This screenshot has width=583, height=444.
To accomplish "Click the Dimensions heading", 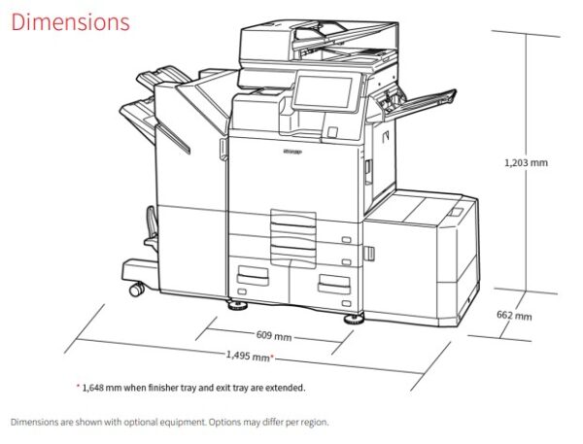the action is (71, 22).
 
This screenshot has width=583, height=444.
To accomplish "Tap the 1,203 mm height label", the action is (526, 162).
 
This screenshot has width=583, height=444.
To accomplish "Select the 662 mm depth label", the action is (514, 316).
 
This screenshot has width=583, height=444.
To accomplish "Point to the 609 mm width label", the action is (274, 336).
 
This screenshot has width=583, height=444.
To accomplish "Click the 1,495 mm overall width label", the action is (248, 356).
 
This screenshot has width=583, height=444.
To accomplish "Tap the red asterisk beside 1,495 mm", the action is (272, 357).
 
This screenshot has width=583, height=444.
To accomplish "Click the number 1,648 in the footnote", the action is (92, 389).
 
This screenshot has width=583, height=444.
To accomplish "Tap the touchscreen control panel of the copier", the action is (323, 92).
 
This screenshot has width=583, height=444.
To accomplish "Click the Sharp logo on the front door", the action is (292, 152).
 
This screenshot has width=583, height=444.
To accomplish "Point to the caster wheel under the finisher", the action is (136, 289).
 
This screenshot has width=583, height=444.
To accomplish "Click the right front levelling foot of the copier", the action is (354, 320).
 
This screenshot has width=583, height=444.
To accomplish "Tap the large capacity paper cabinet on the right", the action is (420, 256).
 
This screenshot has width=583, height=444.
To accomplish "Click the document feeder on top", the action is (319, 45).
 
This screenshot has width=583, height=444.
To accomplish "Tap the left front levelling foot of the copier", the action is (238, 306).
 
